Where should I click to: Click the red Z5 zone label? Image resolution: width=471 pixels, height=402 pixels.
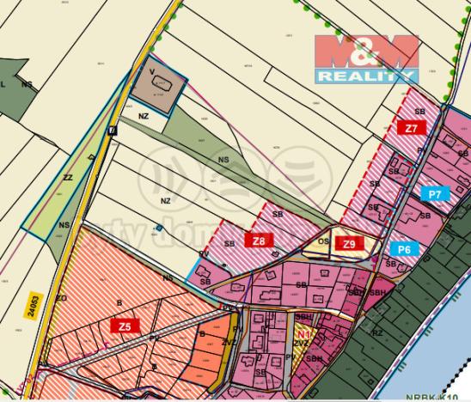(x=125, y=326)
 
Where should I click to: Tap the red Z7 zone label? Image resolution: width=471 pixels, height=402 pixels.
(x=413, y=127)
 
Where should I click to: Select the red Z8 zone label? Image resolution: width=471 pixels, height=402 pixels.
(x=259, y=241)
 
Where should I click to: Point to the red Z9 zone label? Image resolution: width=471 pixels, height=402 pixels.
(x=348, y=244)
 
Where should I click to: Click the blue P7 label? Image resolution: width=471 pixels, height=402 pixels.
(x=435, y=195)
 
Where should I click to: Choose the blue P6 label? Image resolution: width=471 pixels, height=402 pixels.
(x=404, y=248)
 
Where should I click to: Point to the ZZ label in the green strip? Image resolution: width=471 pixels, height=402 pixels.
(x=68, y=178)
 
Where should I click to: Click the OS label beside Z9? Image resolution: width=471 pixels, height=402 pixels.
(x=324, y=241)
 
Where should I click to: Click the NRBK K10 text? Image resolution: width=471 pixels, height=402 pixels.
(x=443, y=397)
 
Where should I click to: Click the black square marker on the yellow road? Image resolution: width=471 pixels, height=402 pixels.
(x=112, y=131)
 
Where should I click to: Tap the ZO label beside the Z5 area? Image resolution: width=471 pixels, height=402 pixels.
(x=61, y=297)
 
